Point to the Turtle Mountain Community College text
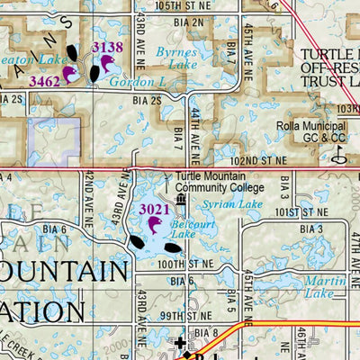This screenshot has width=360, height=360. tap(220, 182)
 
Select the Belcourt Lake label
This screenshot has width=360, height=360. tap(184, 229)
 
